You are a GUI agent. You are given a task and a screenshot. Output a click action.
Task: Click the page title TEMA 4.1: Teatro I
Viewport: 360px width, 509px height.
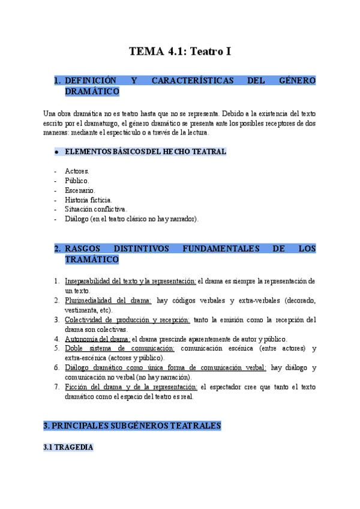coord(180,52)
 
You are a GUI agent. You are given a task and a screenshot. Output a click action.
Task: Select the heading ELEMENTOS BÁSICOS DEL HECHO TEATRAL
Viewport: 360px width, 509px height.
coord(145,152)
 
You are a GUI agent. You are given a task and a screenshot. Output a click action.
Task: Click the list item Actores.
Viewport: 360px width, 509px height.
coord(77,171)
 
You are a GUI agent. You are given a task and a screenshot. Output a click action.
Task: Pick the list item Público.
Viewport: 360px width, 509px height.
coord(77,181)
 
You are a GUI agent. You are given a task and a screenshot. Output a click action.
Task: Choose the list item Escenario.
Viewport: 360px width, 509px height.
coord(80,190)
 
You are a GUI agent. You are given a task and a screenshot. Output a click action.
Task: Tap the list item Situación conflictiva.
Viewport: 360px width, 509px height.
coord(96,209)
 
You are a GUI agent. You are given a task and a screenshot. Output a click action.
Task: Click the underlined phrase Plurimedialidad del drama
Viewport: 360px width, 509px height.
coord(107,301)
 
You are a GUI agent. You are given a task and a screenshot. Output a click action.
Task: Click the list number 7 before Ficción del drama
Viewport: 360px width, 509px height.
coord(56,387)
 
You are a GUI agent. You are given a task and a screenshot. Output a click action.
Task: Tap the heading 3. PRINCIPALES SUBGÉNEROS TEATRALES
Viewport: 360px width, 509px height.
coord(133,426)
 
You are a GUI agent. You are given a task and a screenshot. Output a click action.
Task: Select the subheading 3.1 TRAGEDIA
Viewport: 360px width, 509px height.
coord(68,448)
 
